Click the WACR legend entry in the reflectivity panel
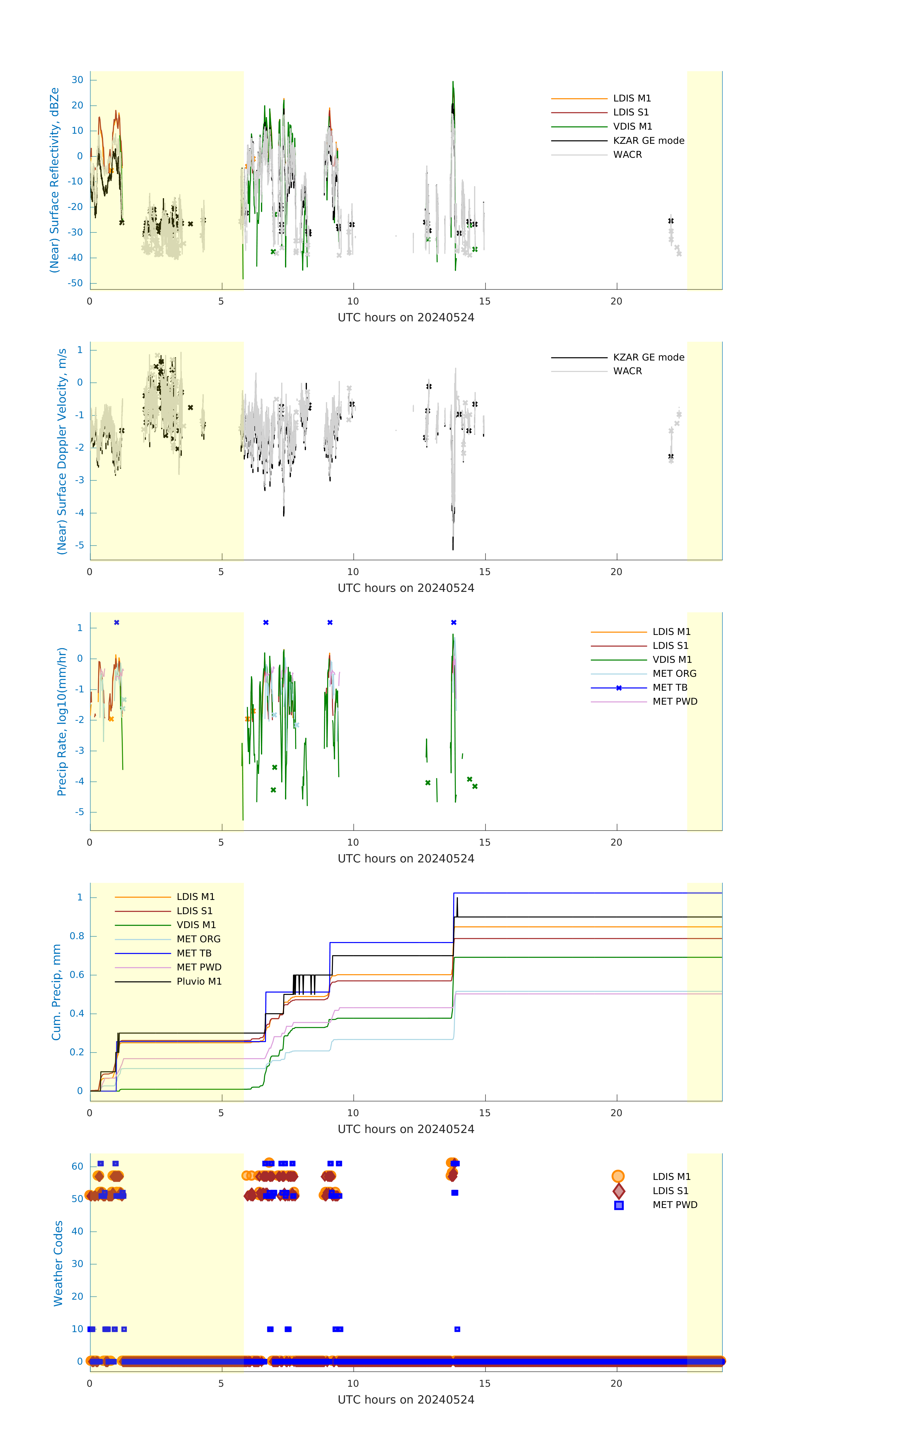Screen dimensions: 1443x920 627,155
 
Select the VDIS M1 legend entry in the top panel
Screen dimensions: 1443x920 632,127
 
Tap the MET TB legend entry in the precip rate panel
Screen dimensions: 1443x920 669,687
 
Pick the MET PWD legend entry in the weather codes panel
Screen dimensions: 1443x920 674,1204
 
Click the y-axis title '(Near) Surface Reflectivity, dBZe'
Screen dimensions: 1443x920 55,180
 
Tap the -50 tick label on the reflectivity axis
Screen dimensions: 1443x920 76,283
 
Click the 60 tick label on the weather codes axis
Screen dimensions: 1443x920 77,1166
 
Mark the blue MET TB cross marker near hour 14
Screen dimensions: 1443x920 454,623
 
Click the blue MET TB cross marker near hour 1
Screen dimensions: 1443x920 117,623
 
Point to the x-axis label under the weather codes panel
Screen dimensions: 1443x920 406,1399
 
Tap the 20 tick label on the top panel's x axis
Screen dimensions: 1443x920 616,301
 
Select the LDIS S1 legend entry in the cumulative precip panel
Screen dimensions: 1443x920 194,911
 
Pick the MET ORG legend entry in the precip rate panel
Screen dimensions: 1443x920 674,674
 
